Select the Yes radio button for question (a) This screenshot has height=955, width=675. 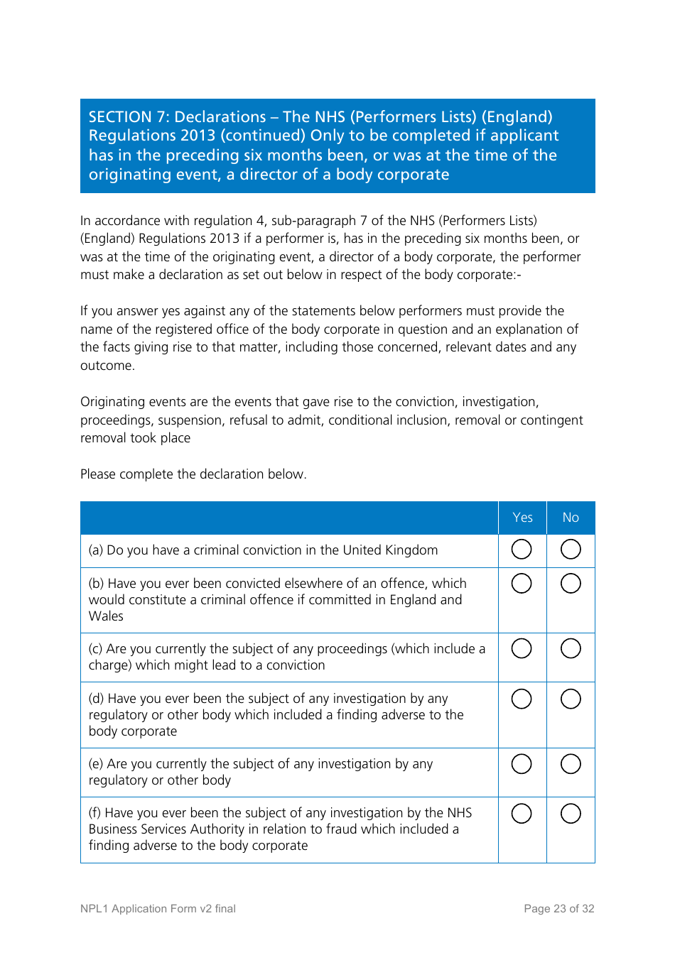[x=522, y=550]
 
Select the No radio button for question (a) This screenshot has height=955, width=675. [x=571, y=550]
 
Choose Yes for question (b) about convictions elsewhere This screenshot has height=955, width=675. [x=522, y=584]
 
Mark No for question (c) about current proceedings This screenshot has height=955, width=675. [x=571, y=649]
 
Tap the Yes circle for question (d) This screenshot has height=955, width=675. [x=522, y=699]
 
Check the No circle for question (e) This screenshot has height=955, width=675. [x=571, y=765]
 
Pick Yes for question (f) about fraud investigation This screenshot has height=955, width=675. [x=522, y=814]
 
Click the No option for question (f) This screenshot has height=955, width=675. [x=571, y=814]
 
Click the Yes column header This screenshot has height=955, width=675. [x=522, y=518]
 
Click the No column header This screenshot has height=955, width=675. [x=571, y=518]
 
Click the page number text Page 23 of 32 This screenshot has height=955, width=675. [x=558, y=909]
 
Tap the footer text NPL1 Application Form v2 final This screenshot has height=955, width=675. [x=158, y=909]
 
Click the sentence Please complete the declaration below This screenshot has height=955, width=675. [x=193, y=474]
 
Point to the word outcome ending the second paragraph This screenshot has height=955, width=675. [x=107, y=366]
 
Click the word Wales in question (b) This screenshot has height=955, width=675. [x=106, y=616]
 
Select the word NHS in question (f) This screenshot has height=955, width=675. [x=459, y=813]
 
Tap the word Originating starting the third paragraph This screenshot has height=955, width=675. [x=113, y=402]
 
